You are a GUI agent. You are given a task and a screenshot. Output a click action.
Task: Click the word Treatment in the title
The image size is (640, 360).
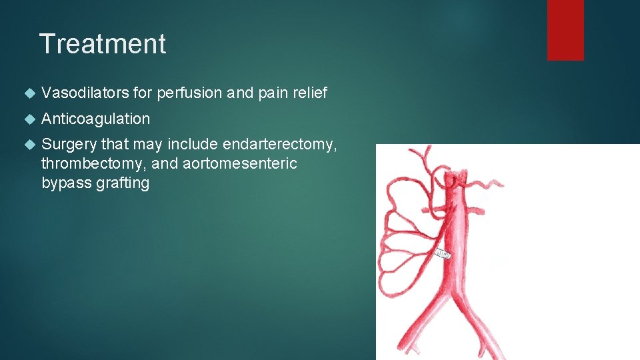103,44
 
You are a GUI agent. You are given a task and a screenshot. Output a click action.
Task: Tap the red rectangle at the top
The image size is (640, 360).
565,30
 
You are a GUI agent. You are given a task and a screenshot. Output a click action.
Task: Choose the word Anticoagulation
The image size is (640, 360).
95,119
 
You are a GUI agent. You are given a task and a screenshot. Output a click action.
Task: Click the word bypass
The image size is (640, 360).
66,183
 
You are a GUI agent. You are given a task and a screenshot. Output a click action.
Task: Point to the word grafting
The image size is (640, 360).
123,183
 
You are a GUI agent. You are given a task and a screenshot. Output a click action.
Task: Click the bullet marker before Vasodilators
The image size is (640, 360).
27,94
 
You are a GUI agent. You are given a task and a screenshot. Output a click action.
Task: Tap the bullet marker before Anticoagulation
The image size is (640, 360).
27,119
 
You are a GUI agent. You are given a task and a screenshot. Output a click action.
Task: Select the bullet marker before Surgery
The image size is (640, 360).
27,145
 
